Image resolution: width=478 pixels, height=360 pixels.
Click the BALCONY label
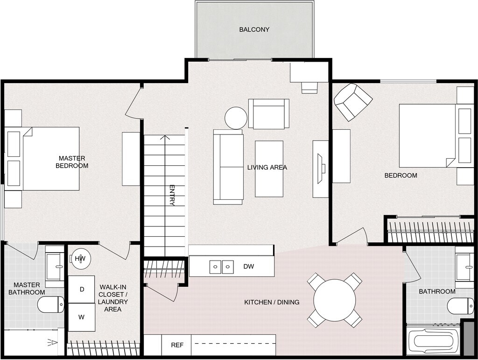(254, 29)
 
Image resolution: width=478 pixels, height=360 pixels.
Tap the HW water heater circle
(80, 259)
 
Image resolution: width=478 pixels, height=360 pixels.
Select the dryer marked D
(82, 289)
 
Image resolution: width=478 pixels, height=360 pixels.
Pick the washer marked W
(82, 318)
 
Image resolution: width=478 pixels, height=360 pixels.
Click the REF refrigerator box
(177, 346)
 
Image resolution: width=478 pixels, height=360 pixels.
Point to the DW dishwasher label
(248, 267)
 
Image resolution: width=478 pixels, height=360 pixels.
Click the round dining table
(334, 300)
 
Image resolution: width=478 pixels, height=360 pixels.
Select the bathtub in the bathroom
(433, 342)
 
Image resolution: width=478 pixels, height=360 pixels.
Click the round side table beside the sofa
(236, 118)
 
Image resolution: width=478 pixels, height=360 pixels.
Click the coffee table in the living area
(269, 169)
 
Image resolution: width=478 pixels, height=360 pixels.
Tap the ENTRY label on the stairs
(172, 196)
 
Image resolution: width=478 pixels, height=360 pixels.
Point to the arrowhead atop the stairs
(165, 137)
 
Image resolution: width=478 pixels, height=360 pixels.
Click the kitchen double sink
(221, 267)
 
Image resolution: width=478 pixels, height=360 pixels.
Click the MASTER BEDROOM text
(72, 162)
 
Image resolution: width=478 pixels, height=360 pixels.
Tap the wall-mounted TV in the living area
(322, 169)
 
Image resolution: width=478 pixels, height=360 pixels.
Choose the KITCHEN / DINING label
(272, 302)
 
